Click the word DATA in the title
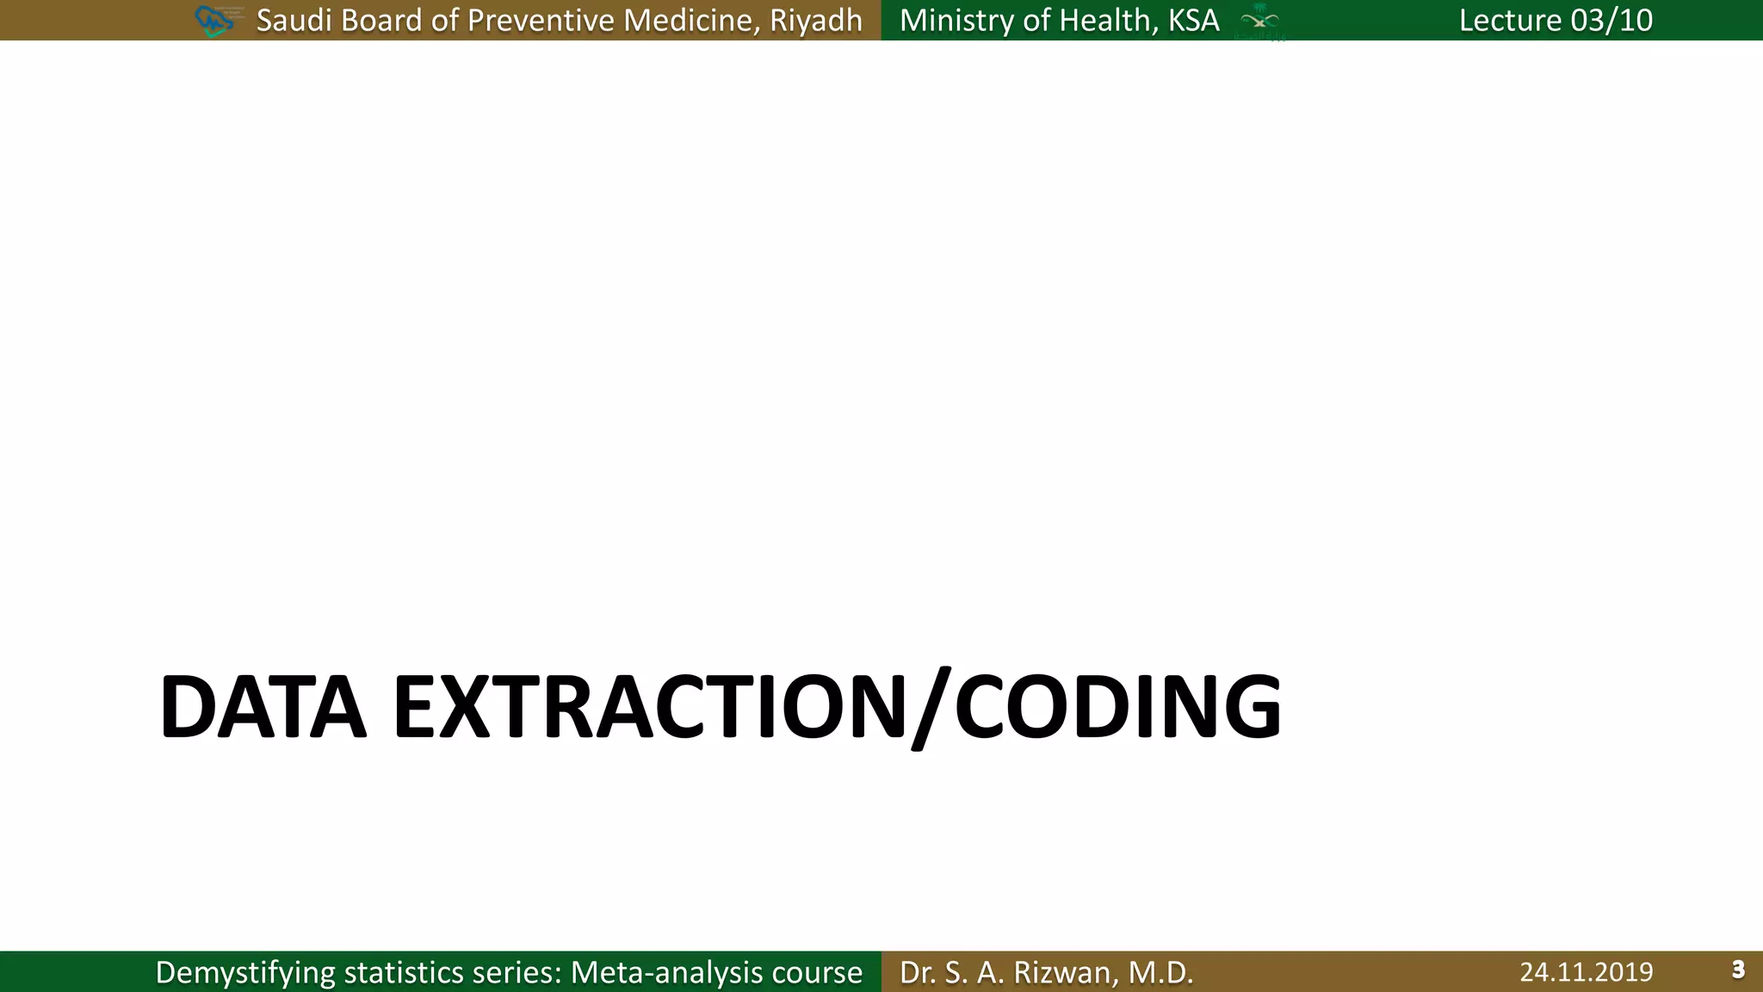click(x=263, y=708)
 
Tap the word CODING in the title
click(x=1117, y=708)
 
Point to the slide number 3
click(x=1737, y=970)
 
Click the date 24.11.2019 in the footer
click(x=1586, y=972)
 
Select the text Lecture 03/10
click(x=1556, y=20)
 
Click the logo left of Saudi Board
click(x=216, y=20)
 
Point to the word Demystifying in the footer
click(x=244, y=973)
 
